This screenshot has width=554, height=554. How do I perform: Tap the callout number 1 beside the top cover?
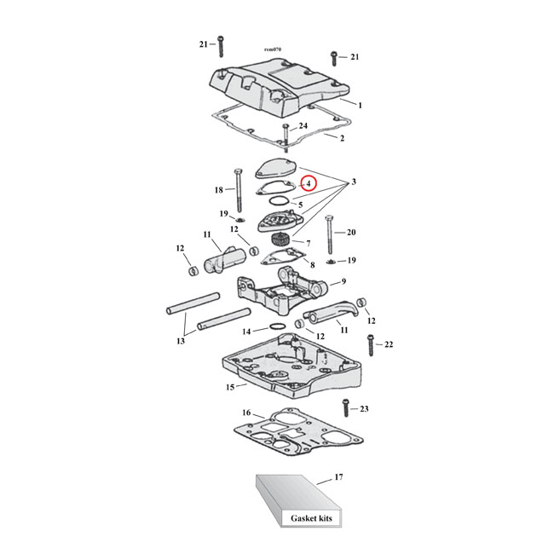coord(361,105)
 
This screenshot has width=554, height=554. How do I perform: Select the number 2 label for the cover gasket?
coord(342,137)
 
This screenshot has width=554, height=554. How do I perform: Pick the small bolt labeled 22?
coord(370,344)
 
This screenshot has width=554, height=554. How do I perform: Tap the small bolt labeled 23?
coord(346,410)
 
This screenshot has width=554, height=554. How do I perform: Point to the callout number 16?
coord(246,413)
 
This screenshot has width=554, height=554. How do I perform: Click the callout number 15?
coord(230,387)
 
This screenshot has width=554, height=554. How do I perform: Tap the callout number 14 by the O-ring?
coord(245,331)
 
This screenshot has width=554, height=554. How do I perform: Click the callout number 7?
coord(320,243)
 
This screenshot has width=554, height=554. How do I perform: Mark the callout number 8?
coord(313,265)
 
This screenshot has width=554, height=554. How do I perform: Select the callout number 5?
coord(300,205)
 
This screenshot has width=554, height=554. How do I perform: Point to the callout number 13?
coord(180,341)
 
